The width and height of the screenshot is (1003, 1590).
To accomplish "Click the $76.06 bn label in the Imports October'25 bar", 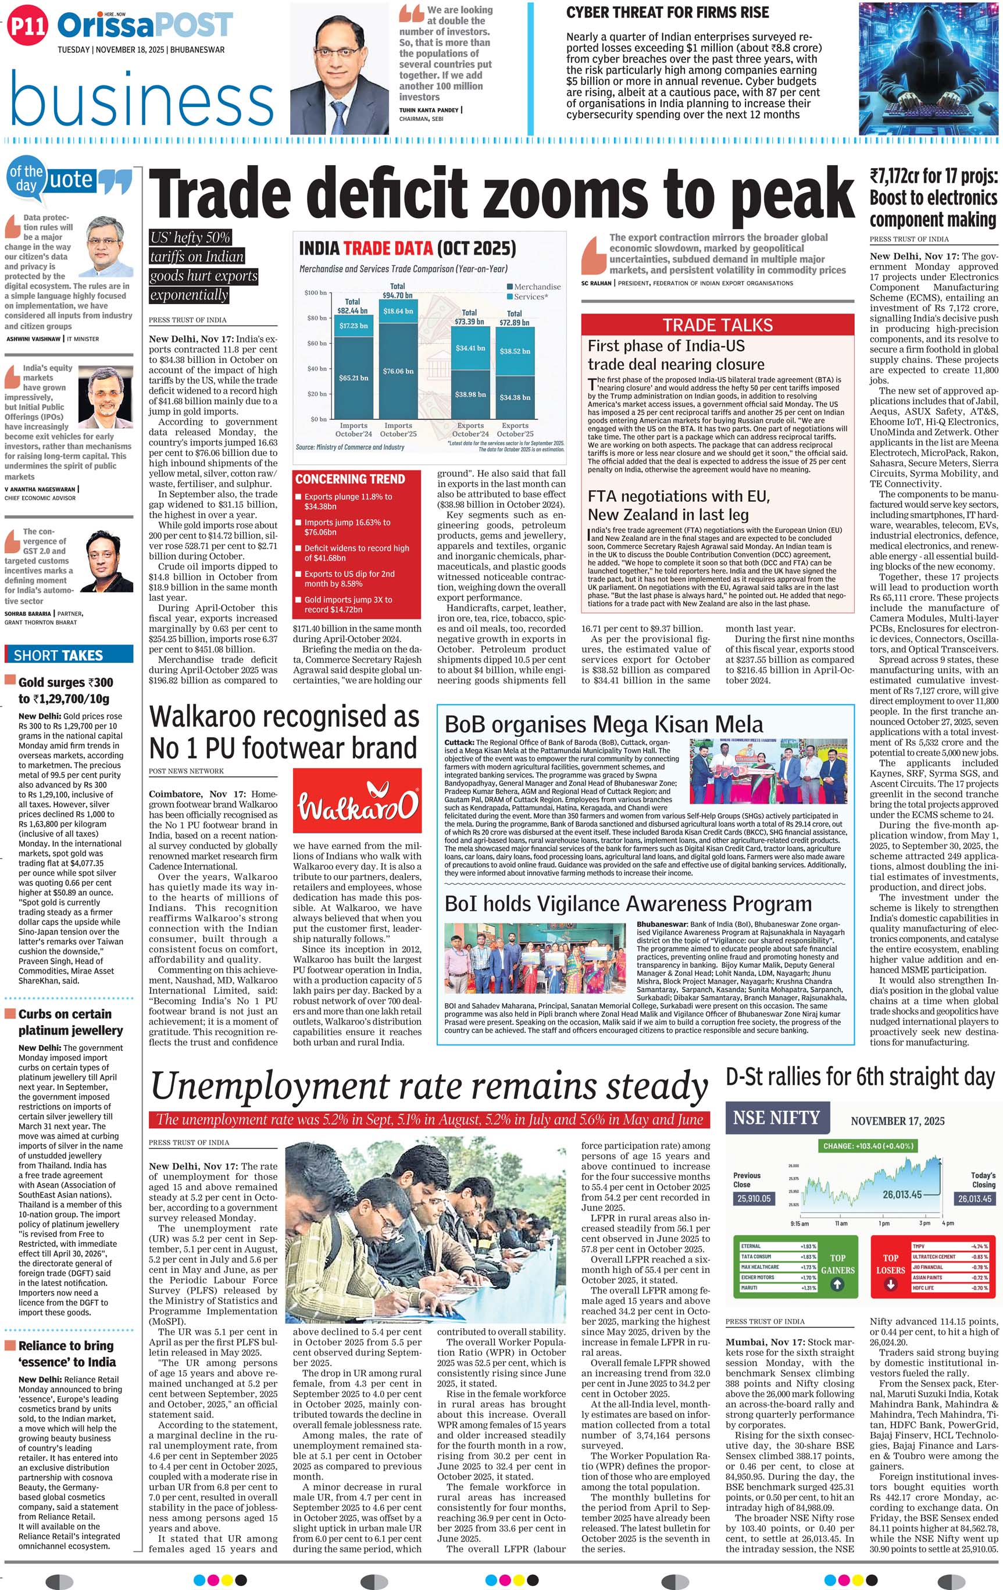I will pyautogui.click(x=398, y=371).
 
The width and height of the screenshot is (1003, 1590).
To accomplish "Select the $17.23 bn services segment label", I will pyautogui.click(x=354, y=326).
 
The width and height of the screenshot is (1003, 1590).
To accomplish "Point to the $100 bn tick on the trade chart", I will pyautogui.click(x=315, y=293).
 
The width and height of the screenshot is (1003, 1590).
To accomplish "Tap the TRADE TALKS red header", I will pyautogui.click(x=717, y=325).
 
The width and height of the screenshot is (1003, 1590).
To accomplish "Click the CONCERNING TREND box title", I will pyautogui.click(x=350, y=479).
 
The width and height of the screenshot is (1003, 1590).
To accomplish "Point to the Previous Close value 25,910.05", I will pyautogui.click(x=754, y=1199).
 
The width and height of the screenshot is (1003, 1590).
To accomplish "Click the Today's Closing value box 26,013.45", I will pyautogui.click(x=974, y=1199).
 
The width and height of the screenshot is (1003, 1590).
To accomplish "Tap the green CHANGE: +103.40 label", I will pyautogui.click(x=868, y=1146).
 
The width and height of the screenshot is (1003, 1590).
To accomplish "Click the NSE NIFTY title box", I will pyautogui.click(x=776, y=1118).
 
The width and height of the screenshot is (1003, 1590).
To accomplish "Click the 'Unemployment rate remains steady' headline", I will pyautogui.click(x=429, y=1086).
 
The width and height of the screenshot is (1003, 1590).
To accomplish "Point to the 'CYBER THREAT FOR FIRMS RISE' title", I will pyautogui.click(x=668, y=13).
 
